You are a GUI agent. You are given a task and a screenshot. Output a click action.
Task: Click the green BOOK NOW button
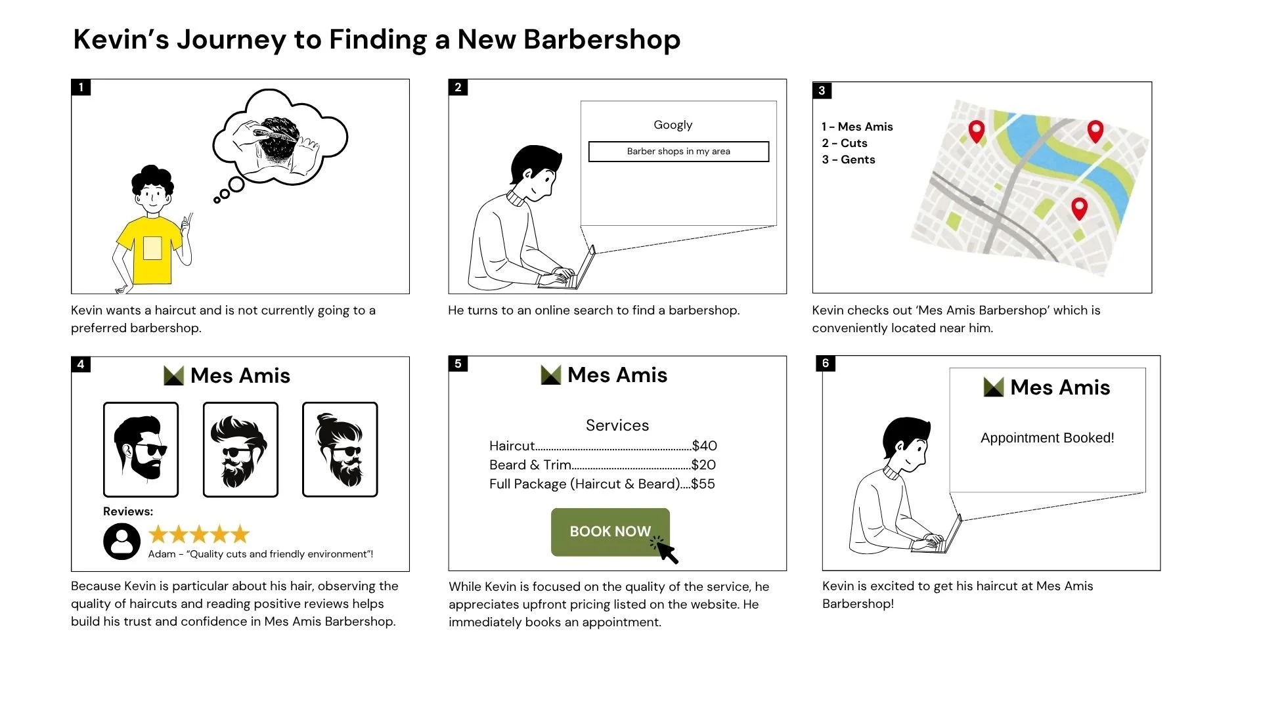pos(610,532)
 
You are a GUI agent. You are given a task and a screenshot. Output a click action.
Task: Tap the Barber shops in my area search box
pos(678,152)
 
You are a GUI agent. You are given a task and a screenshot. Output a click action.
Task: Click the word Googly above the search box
pos(673,125)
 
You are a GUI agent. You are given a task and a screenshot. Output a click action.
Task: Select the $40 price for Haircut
pos(705,446)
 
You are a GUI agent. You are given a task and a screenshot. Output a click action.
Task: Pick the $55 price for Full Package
pos(703,484)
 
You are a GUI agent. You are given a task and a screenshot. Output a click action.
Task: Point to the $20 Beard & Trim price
pos(704,465)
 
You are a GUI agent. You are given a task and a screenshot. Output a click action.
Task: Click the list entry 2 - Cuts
pos(845,143)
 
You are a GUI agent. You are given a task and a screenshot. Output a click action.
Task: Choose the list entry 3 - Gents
pos(849,160)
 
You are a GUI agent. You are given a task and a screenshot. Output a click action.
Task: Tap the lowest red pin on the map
pos(1079,209)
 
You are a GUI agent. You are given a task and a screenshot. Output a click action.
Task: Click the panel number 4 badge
pos(81,364)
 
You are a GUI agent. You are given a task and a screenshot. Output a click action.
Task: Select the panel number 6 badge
pos(826,364)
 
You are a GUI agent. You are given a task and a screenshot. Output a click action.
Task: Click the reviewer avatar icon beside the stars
pos(122,542)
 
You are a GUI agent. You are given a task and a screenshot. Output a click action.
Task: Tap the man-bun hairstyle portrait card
pos(340,450)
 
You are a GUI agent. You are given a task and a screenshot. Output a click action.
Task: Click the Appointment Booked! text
pos(1048,438)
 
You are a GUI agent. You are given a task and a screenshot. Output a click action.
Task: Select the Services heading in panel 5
pos(617,425)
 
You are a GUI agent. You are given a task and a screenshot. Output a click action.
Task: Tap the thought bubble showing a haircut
pos(280,138)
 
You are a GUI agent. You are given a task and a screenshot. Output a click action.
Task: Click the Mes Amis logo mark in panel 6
pos(994,387)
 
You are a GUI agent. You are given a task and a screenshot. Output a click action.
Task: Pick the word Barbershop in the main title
pos(602,39)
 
